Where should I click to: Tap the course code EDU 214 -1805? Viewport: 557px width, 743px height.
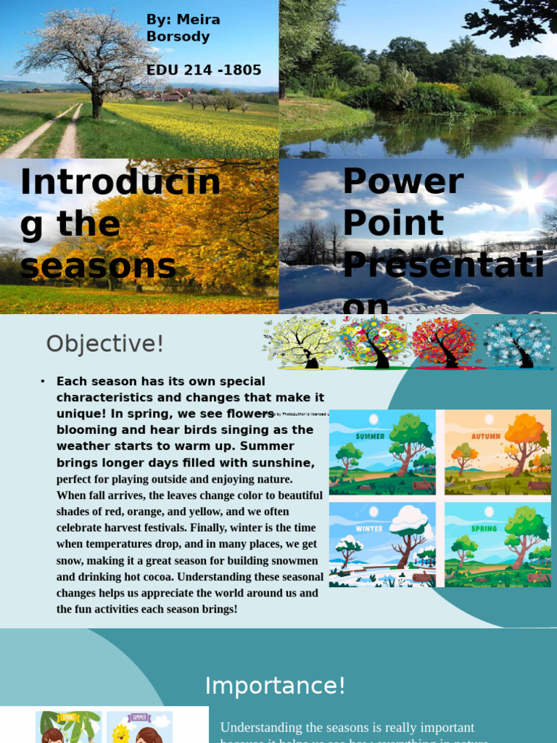tap(204, 70)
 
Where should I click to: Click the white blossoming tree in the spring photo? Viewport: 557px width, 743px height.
tap(90, 51)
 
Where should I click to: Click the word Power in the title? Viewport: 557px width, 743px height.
tap(403, 181)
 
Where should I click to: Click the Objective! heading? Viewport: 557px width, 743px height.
tap(105, 343)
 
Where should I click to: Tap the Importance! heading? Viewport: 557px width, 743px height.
tap(275, 686)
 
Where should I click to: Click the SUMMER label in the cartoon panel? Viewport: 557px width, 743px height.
tap(370, 436)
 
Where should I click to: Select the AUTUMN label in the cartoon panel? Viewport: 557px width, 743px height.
tap(485, 436)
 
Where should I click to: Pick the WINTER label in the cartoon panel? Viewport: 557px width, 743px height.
tap(369, 528)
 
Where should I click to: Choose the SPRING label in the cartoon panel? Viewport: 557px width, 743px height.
tap(484, 528)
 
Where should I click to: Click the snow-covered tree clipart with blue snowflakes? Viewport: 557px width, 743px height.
tap(518, 342)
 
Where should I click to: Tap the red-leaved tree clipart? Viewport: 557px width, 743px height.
tap(445, 342)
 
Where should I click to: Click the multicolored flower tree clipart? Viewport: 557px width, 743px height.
tap(374, 342)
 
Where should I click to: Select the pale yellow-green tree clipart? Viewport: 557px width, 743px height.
tap(302, 342)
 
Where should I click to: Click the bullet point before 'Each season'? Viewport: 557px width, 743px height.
tap(44, 382)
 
